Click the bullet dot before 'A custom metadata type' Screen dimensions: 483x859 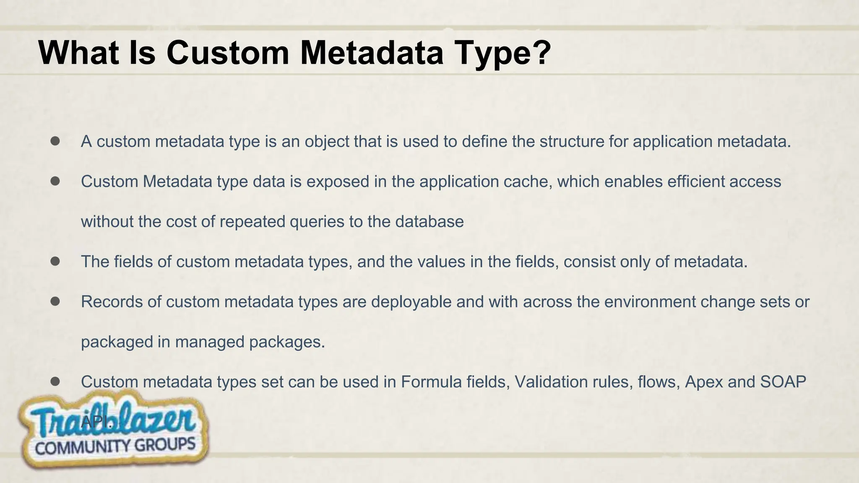point(55,141)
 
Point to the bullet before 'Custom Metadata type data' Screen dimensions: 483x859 point(55,181)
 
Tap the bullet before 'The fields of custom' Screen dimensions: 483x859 point(55,261)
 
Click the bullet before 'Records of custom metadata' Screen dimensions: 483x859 point(55,301)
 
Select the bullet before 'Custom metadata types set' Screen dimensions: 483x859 point(55,382)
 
